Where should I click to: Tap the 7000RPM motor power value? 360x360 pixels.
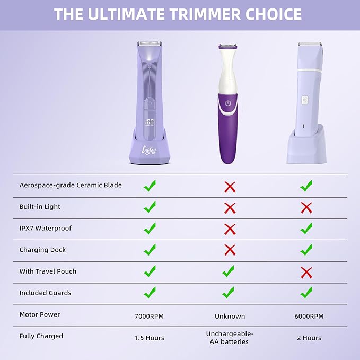point(150,316)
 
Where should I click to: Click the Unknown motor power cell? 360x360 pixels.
point(230,316)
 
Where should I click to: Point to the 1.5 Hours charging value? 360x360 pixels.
point(150,338)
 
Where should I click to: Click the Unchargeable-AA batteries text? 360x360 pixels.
point(230,338)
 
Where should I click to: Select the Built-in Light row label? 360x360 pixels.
point(40,207)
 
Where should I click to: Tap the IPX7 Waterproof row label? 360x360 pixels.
point(45,228)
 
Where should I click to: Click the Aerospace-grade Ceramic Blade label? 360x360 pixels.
point(71,185)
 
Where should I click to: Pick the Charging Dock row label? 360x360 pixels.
point(42,250)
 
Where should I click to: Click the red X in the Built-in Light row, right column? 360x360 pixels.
point(306,207)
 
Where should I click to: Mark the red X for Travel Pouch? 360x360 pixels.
point(306,272)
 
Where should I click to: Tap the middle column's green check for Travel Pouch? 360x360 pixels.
point(229,271)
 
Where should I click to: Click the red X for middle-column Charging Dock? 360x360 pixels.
point(230,250)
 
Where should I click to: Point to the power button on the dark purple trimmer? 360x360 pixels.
point(228,103)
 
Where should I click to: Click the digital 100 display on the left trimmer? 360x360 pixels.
point(149,121)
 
